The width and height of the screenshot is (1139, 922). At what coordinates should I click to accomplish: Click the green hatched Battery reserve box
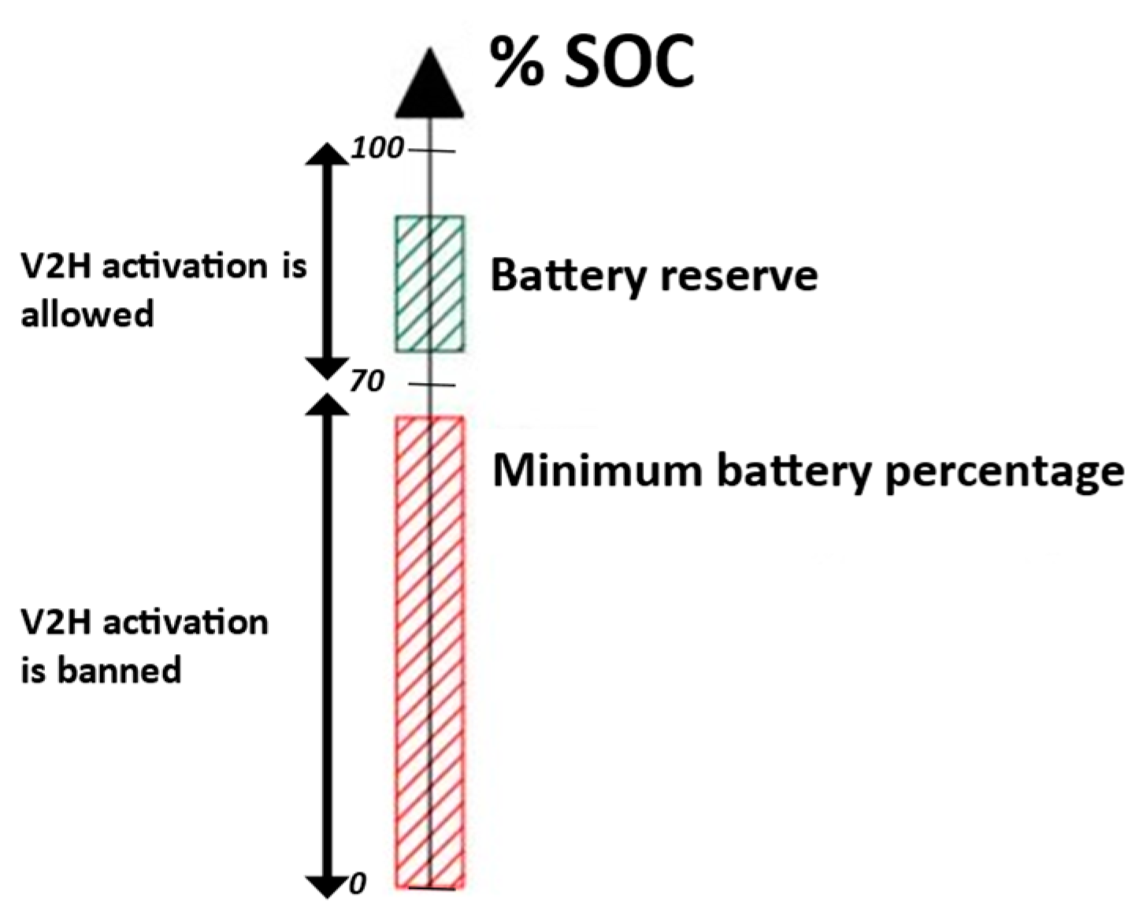(x=429, y=283)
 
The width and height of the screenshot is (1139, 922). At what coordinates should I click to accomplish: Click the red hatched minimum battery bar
(x=429, y=652)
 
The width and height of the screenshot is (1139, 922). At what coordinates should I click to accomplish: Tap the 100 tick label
(x=377, y=147)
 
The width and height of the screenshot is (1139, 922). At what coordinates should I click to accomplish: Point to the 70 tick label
(x=367, y=381)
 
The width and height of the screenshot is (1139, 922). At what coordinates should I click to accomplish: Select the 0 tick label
(x=358, y=884)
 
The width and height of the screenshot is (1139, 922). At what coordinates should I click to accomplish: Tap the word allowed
(x=87, y=314)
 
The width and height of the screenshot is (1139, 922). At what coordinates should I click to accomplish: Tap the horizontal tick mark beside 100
(x=436, y=150)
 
